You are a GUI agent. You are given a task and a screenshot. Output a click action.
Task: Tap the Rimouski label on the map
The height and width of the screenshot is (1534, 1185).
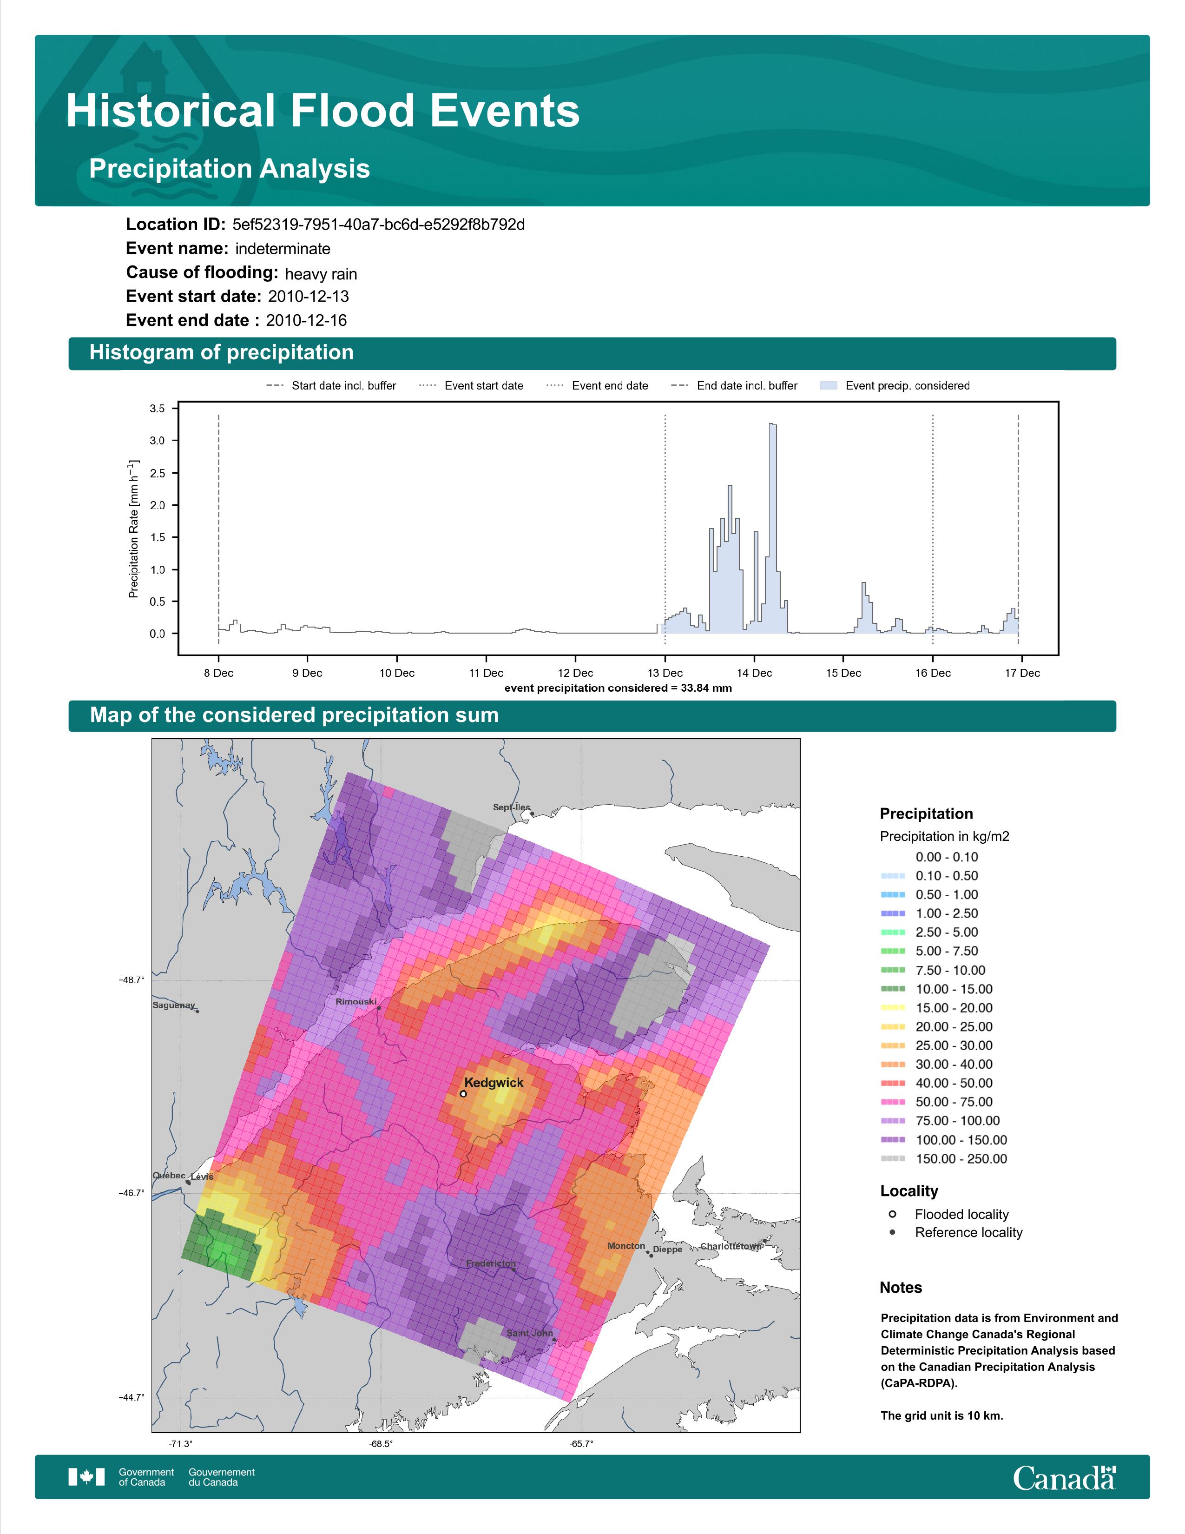coord(356,1002)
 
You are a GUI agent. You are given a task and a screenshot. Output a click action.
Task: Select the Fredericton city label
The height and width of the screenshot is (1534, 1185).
coord(491,1263)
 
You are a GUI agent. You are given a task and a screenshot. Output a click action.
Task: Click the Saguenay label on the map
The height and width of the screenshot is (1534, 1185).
coord(173,1005)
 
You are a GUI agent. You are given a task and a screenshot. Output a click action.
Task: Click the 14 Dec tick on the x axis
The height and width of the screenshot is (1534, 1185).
coord(754,673)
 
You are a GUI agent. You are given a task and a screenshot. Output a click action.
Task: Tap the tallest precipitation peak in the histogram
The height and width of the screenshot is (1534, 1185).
coord(772,424)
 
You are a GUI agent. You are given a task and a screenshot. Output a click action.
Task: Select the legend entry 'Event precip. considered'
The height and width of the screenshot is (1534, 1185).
coord(895,386)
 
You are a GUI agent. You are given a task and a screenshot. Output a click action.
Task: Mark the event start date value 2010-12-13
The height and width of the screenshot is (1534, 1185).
coord(308,297)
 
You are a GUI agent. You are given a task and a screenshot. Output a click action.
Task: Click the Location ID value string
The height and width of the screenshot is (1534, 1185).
coord(378,225)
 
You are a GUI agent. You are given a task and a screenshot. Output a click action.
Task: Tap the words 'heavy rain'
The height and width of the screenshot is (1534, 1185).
coord(321,274)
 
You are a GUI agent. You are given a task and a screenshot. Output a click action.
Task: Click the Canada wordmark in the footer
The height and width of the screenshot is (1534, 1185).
coord(1064,1478)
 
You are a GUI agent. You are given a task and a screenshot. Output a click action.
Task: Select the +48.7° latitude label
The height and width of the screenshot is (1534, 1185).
coord(131,980)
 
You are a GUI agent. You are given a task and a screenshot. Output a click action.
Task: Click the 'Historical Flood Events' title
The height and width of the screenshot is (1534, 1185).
coord(323,111)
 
